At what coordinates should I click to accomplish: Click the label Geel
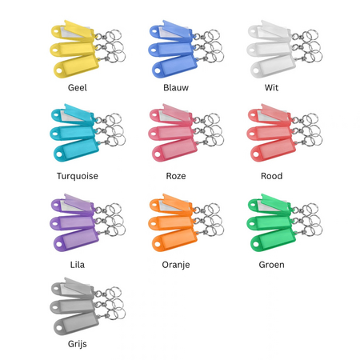(x=78, y=87)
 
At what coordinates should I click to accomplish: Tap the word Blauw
(x=176, y=87)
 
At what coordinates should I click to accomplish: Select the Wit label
(x=271, y=87)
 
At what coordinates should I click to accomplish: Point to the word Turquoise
(x=78, y=176)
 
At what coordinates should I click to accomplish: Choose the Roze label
(x=176, y=176)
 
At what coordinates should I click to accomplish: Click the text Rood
(x=271, y=176)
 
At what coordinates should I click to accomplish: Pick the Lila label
(x=78, y=265)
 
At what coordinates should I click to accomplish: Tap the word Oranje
(x=176, y=265)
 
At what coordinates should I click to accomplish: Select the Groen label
(x=271, y=265)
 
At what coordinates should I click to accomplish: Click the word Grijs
(x=78, y=344)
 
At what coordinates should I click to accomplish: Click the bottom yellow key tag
(x=76, y=66)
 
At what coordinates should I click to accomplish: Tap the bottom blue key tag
(x=174, y=66)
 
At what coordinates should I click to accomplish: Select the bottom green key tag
(x=273, y=240)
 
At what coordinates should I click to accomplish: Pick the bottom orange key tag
(x=174, y=240)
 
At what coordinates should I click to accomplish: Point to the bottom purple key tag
(x=76, y=240)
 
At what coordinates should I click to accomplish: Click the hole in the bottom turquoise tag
(x=58, y=154)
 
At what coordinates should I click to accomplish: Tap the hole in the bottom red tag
(x=255, y=154)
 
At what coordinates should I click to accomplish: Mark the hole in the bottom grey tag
(x=58, y=328)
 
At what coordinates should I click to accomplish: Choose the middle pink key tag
(x=170, y=133)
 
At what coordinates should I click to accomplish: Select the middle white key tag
(x=270, y=49)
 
